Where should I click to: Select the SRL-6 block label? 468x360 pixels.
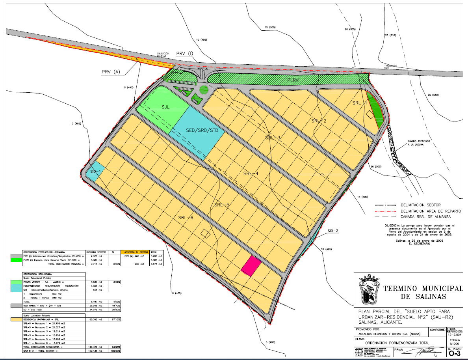pos(186,218)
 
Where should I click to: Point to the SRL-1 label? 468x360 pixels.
pos(359,103)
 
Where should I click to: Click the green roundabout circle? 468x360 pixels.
pos(204,90)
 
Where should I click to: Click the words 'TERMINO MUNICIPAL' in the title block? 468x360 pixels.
pos(423,289)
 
